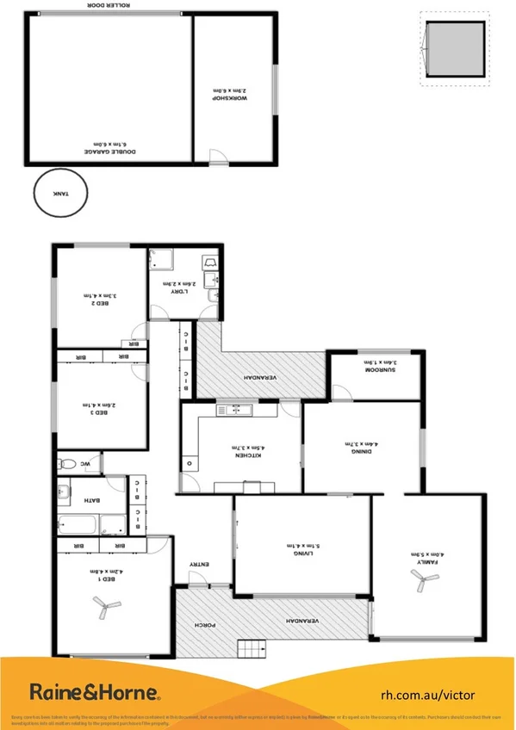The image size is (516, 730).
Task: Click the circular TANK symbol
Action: coord(59,194)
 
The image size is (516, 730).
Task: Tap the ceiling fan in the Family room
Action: coord(420,582)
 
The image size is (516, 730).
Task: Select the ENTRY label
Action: coord(199,565)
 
